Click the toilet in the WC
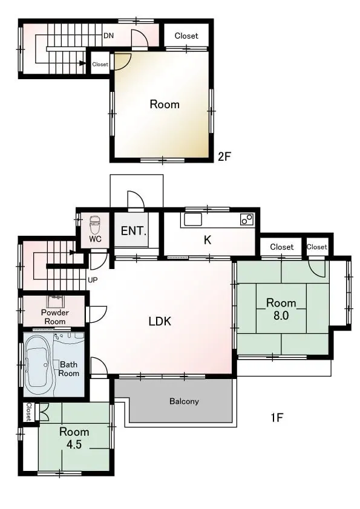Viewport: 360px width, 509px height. (95, 224)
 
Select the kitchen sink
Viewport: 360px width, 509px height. (192, 220)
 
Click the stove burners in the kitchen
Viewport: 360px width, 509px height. (247, 219)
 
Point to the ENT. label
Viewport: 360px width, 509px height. (134, 231)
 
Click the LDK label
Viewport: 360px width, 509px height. (160, 321)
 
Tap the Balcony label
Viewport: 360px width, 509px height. (184, 401)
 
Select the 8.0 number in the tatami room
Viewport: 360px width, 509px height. (281, 315)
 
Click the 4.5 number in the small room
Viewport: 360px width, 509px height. (74, 444)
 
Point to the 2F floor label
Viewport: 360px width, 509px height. (224, 157)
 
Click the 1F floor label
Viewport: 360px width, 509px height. (277, 418)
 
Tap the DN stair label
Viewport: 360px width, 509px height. (108, 36)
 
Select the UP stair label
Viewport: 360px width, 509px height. (93, 280)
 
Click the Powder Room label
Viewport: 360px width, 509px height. (55, 317)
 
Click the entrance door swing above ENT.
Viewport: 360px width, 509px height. (136, 199)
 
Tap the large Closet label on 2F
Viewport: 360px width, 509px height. (186, 36)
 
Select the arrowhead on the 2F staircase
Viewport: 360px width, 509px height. (82, 63)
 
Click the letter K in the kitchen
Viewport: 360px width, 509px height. (208, 240)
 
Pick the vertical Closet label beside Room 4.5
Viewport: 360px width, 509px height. (29, 412)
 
